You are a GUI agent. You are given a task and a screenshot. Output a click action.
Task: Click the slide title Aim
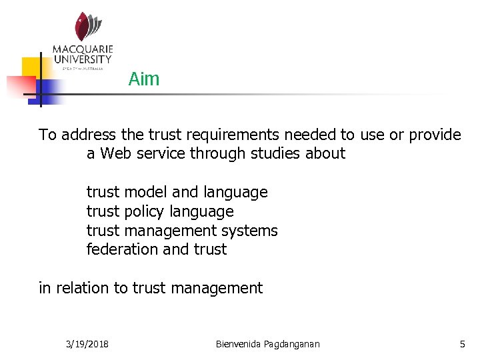pyautogui.click(x=144, y=79)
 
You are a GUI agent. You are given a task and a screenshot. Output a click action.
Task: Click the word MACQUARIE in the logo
pyautogui.click(x=83, y=50)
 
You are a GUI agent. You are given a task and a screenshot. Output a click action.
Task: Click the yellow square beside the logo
pyautogui.click(x=33, y=67)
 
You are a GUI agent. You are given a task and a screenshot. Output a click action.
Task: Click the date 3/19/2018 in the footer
pyautogui.click(x=88, y=344)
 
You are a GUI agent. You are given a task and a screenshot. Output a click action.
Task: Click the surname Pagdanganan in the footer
pyautogui.click(x=293, y=344)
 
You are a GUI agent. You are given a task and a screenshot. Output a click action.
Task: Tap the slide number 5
pyautogui.click(x=462, y=344)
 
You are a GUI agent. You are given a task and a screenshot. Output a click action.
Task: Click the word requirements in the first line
pyautogui.click(x=227, y=135)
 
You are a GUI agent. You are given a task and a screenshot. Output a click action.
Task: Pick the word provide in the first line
pyautogui.click(x=435, y=135)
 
